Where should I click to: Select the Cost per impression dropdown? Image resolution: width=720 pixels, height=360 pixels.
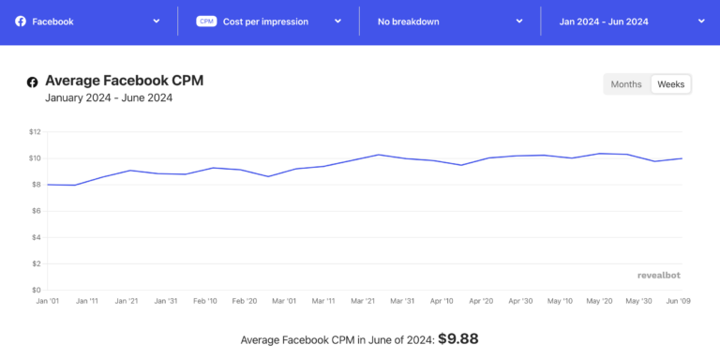pos(268,21)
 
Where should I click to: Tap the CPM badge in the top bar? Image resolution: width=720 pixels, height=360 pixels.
pos(206,21)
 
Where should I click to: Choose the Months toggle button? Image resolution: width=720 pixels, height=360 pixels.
pos(626,84)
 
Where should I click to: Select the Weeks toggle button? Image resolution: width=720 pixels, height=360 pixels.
pos(670,84)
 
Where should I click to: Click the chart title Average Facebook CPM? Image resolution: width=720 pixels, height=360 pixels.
pos(124,81)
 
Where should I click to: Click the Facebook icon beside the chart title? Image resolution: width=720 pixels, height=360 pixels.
pos(33,82)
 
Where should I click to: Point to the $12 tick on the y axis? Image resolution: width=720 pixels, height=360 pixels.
pos(35,131)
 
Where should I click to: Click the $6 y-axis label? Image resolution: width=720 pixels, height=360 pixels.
pos(37,211)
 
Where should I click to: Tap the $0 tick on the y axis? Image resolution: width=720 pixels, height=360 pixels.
pos(37,290)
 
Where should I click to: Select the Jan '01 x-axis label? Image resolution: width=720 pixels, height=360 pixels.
pos(48,301)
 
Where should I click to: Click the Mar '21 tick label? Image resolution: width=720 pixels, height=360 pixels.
pos(364,301)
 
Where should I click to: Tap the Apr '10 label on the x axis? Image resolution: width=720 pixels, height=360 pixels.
pos(442,301)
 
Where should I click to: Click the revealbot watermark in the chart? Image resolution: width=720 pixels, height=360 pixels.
pos(664,276)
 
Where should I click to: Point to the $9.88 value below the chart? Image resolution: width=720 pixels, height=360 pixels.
pos(458,338)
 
